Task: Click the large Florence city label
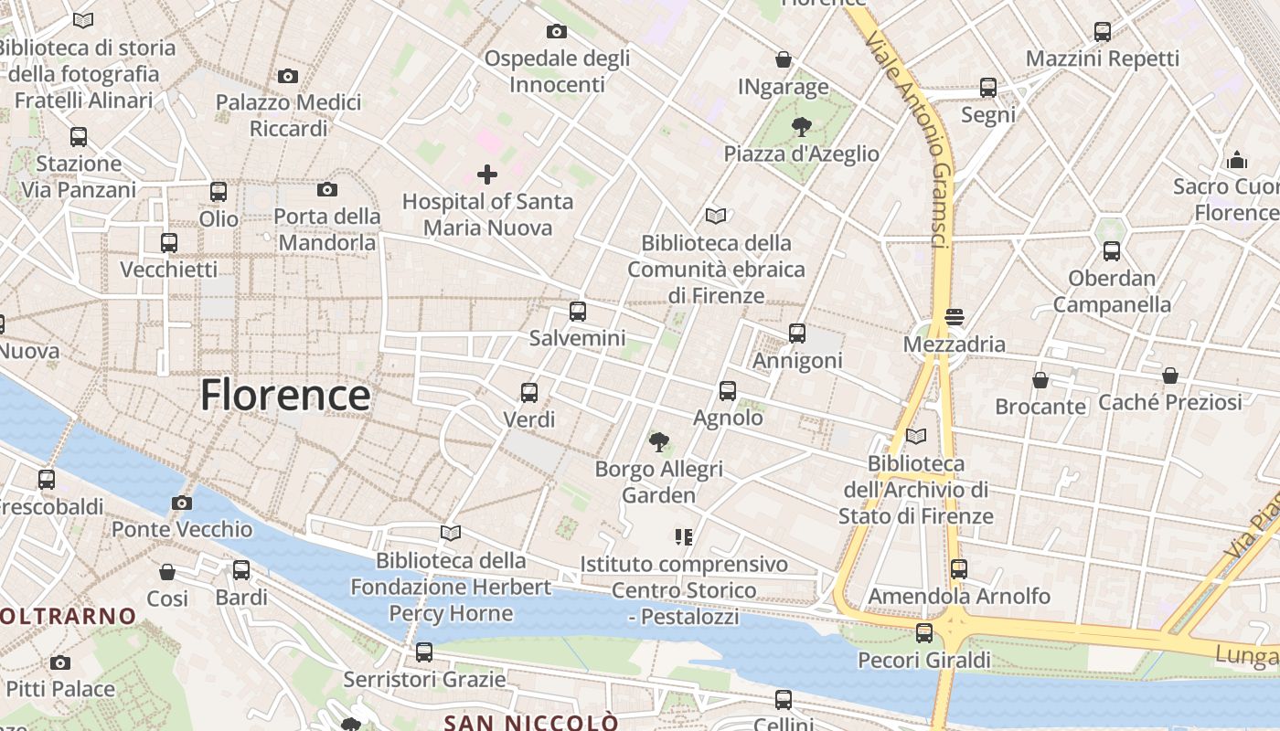(285, 395)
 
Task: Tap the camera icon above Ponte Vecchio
(182, 503)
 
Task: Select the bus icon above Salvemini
(578, 311)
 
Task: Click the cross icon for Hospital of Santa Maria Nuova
(487, 174)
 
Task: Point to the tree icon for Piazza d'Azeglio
(801, 126)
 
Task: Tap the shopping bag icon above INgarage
(784, 59)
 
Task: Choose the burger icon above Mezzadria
(955, 317)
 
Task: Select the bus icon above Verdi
(529, 393)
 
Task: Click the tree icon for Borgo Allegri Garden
(658, 442)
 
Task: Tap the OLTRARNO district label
(69, 616)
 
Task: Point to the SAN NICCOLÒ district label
(530, 722)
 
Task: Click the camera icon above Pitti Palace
(60, 662)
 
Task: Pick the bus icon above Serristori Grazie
(424, 652)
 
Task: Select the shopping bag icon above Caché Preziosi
(1170, 376)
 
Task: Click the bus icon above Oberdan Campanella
(1112, 250)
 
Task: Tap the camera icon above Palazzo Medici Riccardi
(288, 76)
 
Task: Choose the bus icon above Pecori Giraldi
(924, 632)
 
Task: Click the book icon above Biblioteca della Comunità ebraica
(716, 216)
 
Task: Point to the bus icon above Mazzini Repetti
(1103, 32)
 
